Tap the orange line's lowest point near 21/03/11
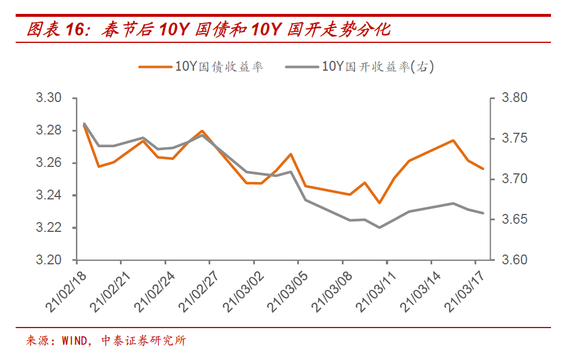coord(379,203)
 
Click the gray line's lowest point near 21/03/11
coord(379,227)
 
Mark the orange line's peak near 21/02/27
coord(202,131)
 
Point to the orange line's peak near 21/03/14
coord(453,140)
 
